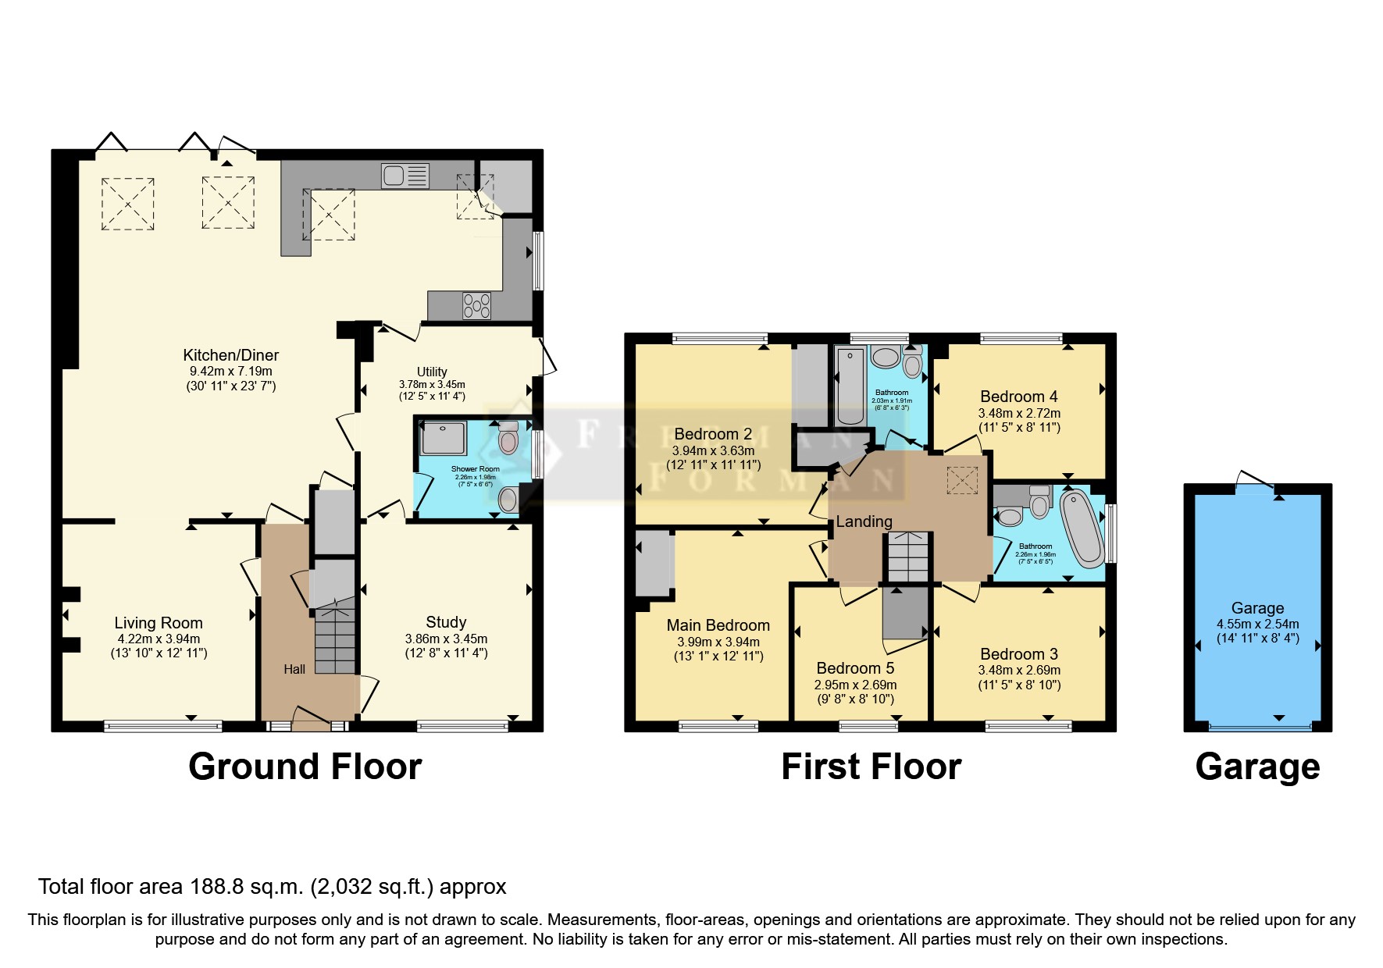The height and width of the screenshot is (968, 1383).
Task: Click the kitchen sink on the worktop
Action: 405,176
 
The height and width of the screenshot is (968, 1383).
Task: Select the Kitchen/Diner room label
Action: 230,355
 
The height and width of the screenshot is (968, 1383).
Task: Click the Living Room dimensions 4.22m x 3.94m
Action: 159,639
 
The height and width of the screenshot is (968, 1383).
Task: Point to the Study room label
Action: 446,622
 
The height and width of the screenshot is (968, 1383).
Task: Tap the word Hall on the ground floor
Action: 294,669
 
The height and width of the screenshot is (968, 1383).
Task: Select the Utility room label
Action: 432,372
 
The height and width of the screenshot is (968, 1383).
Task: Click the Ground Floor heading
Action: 305,767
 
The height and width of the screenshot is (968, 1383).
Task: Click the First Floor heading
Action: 871,767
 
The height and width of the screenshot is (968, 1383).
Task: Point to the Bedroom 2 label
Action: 713,434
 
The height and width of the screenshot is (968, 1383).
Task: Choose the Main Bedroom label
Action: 718,625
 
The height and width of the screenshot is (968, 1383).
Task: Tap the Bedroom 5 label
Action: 855,668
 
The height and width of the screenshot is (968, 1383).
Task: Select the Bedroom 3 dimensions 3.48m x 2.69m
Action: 1019,670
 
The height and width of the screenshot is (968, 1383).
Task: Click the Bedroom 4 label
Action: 1018,397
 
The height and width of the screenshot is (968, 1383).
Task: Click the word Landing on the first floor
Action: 864,521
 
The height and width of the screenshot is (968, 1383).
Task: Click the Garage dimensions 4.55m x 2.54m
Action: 1257,624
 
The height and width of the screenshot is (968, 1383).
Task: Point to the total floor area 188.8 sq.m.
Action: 272,887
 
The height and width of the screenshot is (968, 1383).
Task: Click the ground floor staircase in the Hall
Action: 334,636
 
